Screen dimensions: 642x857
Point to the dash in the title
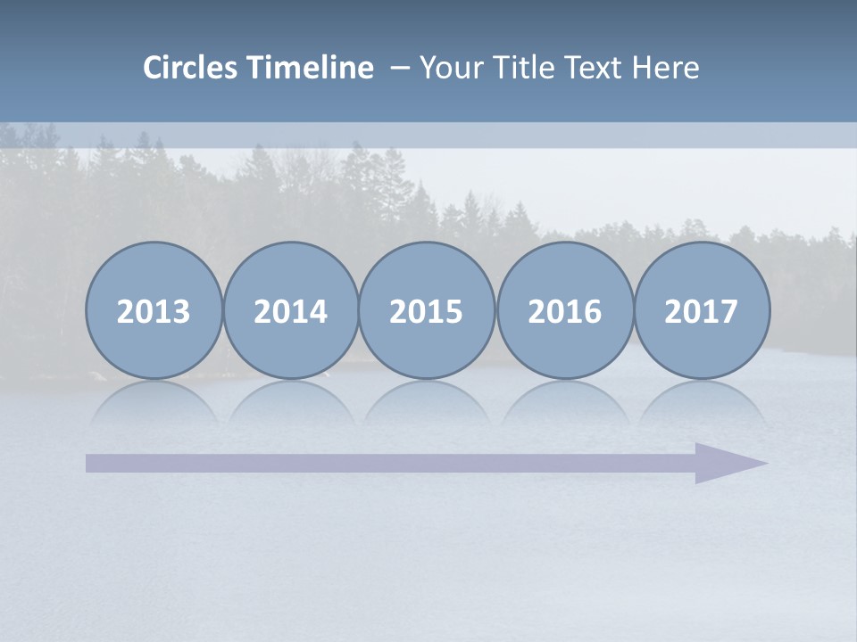(399, 68)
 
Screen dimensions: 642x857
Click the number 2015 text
(427, 312)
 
